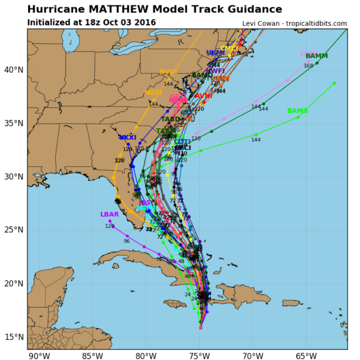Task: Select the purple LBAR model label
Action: coord(109,215)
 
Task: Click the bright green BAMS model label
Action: coord(297,111)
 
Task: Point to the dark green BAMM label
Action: coord(316,56)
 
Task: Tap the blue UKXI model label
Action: coord(128,138)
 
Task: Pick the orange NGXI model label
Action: coord(154,93)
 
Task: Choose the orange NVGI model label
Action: coord(168,73)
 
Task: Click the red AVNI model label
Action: coord(203,96)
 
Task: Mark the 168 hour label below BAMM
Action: coord(308,66)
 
